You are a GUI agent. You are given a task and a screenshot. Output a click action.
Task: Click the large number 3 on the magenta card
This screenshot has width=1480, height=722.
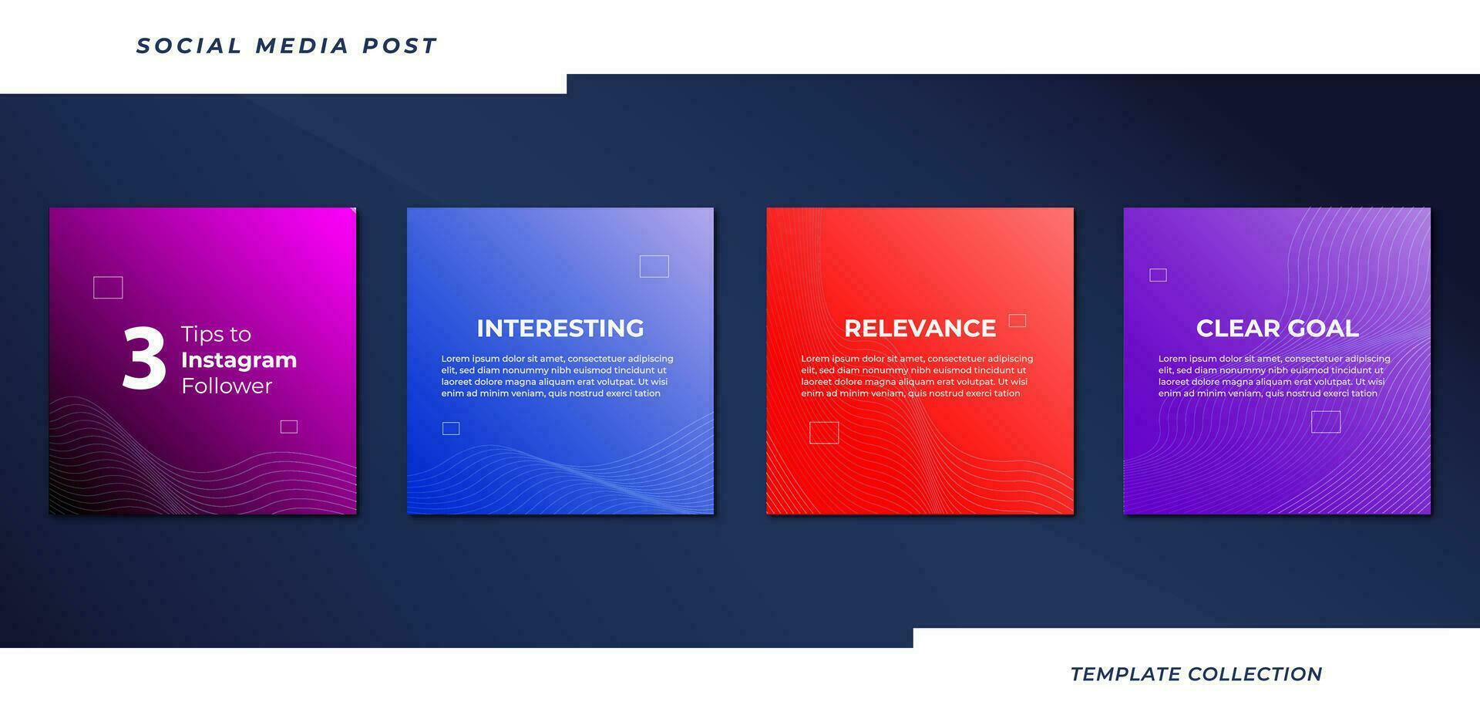(x=144, y=358)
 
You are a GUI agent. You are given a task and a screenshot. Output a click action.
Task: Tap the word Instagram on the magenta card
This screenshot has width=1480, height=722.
(x=239, y=361)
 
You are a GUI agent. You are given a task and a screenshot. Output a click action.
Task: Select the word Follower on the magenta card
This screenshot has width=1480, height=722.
(x=227, y=386)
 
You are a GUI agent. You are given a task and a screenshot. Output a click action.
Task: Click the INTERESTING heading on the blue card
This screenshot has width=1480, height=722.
(x=560, y=329)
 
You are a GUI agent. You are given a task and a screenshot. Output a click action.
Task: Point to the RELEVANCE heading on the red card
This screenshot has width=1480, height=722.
(x=920, y=329)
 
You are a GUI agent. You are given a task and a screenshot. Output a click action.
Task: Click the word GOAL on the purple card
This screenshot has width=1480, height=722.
(x=1320, y=329)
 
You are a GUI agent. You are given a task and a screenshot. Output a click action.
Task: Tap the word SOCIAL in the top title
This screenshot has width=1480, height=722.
(x=189, y=46)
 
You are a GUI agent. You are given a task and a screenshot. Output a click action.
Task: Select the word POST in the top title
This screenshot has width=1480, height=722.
(x=400, y=46)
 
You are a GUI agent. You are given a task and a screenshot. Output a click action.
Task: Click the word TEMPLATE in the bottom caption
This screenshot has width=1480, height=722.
(x=1125, y=674)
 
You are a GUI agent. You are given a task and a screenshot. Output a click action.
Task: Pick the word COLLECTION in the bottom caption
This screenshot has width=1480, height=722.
(x=1256, y=674)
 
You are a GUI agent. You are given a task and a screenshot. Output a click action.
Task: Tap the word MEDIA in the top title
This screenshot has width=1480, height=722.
(x=302, y=46)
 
